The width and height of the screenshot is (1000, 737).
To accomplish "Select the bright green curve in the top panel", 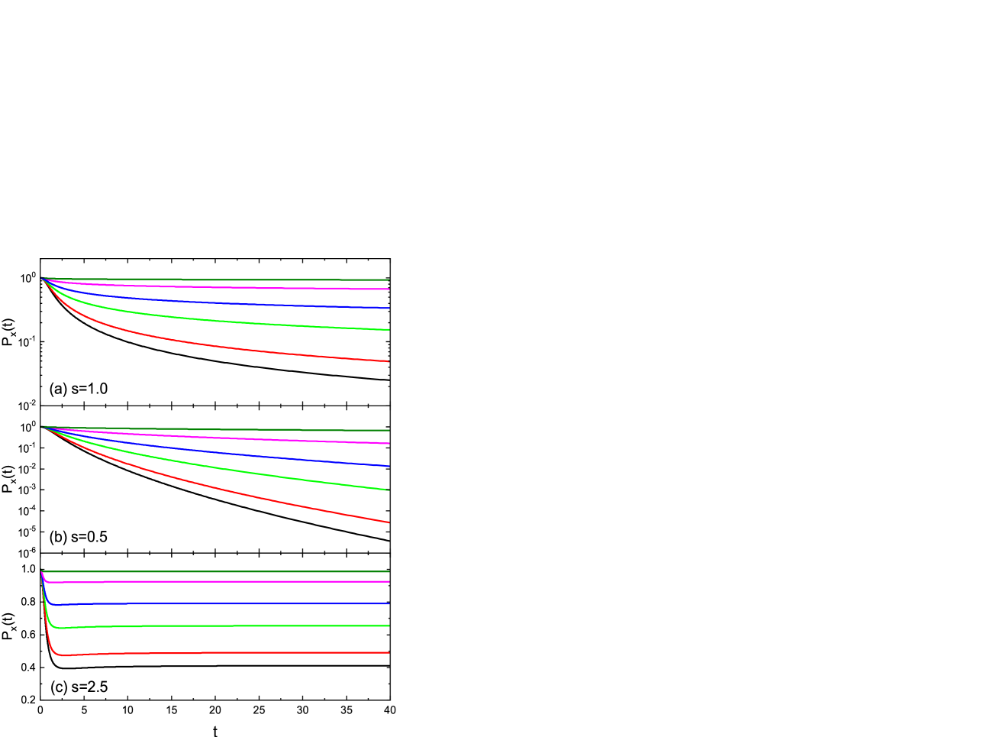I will point(229,321).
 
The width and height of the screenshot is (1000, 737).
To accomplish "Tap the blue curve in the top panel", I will point(229,302).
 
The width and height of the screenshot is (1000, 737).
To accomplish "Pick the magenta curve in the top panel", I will point(229,287).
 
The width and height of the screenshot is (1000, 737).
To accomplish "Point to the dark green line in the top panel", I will point(229,280).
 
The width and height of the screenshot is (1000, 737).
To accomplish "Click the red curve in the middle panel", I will point(229,490).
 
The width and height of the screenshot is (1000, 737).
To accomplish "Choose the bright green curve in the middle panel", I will point(229,469).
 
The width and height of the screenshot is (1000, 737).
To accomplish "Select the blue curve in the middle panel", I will point(229,452).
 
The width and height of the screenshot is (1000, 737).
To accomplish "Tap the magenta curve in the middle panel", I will point(229,438).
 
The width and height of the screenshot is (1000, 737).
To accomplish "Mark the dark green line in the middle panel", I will point(229,429).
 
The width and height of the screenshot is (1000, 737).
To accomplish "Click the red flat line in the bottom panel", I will point(229,653).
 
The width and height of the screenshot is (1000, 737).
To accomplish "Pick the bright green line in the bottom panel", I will point(229,625).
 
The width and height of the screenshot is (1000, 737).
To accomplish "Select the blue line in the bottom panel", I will point(229,603).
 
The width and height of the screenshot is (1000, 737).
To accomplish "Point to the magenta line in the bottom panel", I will point(229,581).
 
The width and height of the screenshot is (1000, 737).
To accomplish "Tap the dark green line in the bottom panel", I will point(229,571).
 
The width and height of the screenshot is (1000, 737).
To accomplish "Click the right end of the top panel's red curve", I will point(389,361).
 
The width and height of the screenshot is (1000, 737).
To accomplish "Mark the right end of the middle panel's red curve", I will point(389,522).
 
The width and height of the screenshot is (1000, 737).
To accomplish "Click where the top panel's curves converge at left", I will point(42,278).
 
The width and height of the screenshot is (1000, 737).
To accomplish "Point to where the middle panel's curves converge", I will point(42,427).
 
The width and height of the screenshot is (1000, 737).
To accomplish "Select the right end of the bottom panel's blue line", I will point(389,603).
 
